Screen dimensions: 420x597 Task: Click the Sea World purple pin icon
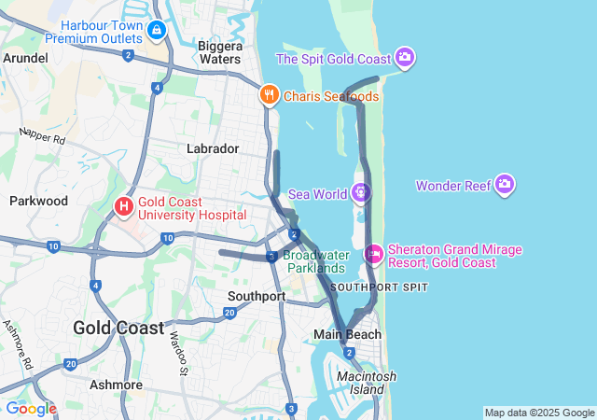tap(361, 193)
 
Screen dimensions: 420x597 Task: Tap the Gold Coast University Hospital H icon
tap(123, 205)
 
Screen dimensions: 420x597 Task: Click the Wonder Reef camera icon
tap(505, 185)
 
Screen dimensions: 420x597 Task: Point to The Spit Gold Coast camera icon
tap(405, 59)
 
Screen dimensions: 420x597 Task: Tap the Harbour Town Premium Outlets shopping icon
tap(156, 31)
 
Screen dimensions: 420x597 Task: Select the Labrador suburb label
tap(213, 148)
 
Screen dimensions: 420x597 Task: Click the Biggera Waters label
tap(220, 52)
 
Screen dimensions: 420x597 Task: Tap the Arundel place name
tap(25, 58)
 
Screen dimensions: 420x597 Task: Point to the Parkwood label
tap(38, 201)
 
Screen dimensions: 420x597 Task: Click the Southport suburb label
tap(257, 296)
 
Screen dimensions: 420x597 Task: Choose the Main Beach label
tap(347, 334)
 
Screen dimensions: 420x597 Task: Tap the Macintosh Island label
tap(367, 382)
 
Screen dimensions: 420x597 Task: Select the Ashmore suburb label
tap(116, 384)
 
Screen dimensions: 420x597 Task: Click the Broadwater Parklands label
tap(314, 261)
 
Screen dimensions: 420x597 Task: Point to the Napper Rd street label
tap(42, 136)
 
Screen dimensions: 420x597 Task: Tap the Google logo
tap(31, 409)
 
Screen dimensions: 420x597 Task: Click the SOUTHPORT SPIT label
tap(379, 287)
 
